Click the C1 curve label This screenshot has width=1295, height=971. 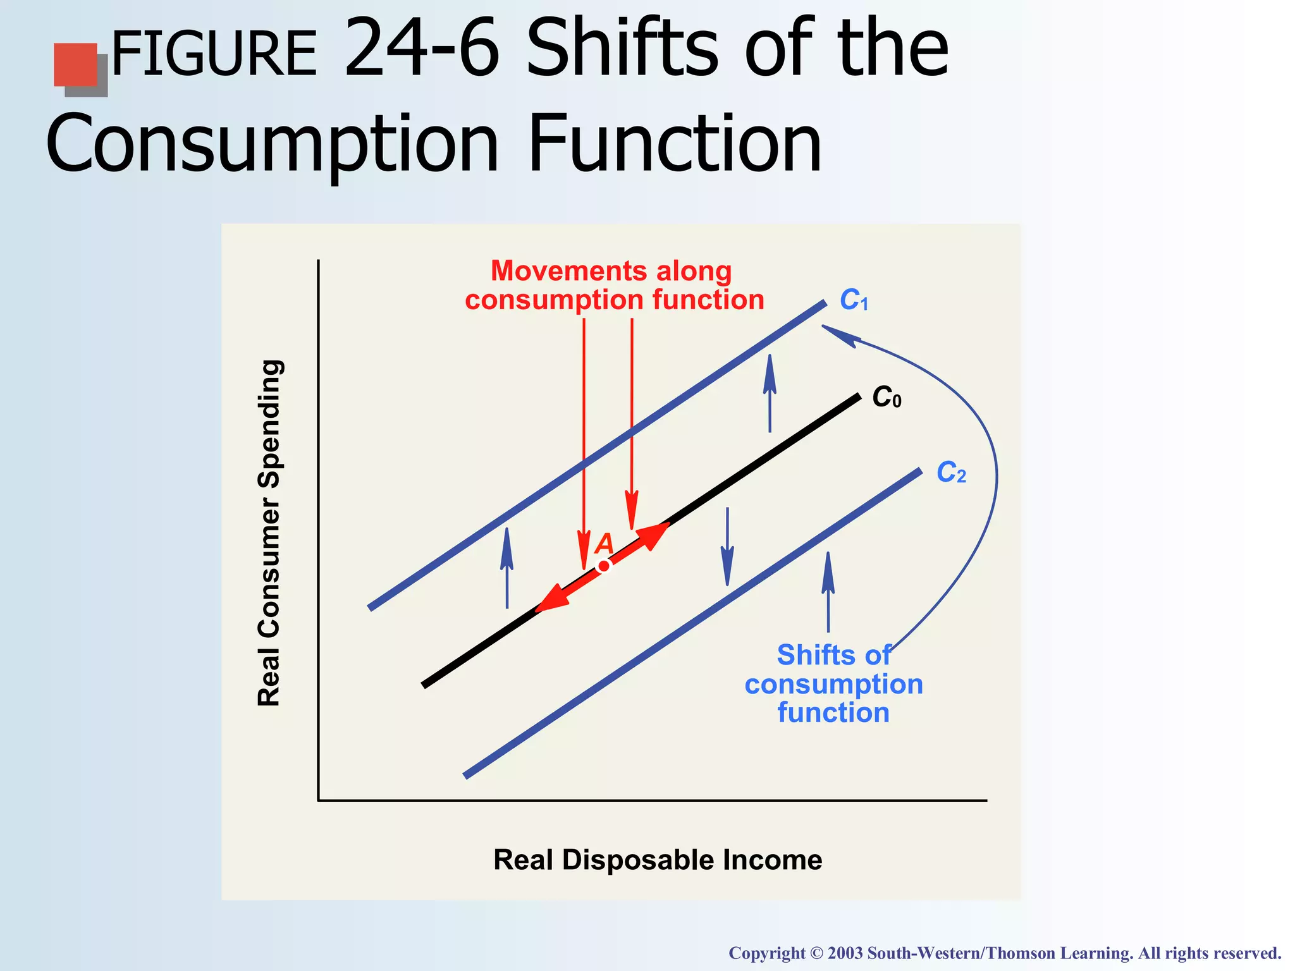(854, 300)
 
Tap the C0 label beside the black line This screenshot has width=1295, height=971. (887, 398)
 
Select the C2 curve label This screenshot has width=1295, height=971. (951, 473)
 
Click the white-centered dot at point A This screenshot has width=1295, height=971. (604, 566)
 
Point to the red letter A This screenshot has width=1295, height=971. (605, 543)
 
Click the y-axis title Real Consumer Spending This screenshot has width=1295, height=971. (269, 533)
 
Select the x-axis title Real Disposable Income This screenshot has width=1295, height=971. (658, 860)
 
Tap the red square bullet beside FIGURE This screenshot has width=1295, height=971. (76, 64)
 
